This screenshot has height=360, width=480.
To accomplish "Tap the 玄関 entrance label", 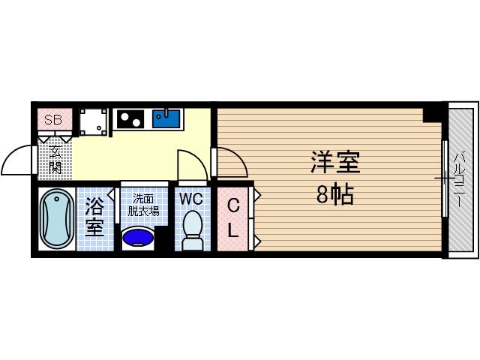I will tap(55, 160).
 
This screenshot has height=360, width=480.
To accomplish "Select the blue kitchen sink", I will tap(166, 119).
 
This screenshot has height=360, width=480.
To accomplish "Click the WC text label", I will tap(191, 199).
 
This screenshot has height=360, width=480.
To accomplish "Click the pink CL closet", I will tap(232, 217).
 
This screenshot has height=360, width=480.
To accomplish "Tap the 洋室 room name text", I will tap(335, 163).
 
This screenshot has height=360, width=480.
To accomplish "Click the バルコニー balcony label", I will tap(459, 180).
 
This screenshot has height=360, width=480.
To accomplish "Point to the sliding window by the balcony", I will tap(444, 179).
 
